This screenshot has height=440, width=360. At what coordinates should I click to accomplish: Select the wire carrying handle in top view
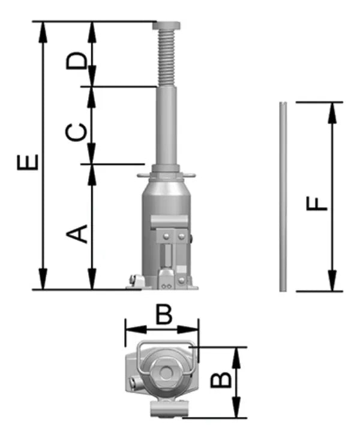[165, 345]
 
